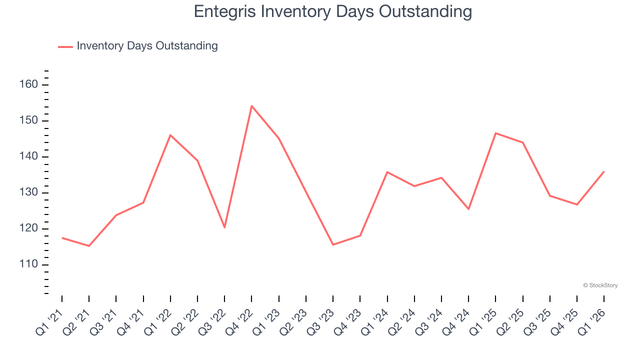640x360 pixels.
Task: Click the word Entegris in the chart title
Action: coord(225,12)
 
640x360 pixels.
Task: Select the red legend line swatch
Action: coord(65,46)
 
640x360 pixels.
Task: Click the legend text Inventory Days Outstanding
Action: coord(147,46)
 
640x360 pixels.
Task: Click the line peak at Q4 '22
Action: coord(251,106)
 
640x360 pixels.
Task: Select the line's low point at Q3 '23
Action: coord(333,244)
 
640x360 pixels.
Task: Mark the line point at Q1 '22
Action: coord(170,135)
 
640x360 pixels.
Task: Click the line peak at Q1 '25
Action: coord(495,133)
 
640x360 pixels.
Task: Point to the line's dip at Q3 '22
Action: coord(224,227)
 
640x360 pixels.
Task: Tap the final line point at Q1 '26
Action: coord(603,172)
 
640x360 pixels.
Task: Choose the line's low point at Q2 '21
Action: coord(89,245)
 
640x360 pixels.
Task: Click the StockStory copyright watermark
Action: coord(600,285)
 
